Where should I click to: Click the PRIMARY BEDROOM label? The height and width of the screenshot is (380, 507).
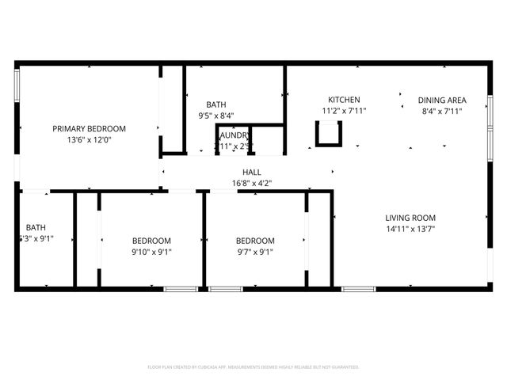(89, 128)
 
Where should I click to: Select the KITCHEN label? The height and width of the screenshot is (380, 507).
(344, 100)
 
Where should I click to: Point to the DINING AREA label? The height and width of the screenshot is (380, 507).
(442, 100)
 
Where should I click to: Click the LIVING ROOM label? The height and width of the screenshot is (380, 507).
(410, 218)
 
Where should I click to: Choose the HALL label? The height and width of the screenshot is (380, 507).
(252, 172)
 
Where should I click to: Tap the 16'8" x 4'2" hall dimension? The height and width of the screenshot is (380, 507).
(252, 183)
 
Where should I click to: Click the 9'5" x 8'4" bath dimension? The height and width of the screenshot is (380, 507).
(216, 116)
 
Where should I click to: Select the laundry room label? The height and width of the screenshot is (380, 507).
(234, 135)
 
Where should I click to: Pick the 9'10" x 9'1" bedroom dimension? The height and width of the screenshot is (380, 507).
(151, 253)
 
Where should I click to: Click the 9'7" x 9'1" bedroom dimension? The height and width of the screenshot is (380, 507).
(255, 253)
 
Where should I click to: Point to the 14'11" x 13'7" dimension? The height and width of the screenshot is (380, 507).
(410, 229)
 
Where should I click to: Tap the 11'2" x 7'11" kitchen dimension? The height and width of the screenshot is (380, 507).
(344, 111)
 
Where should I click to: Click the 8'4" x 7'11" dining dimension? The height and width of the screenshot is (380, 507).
(442, 111)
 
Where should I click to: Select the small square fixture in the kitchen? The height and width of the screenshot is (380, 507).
(326, 137)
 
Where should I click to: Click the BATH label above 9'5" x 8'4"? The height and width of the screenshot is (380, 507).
(216, 104)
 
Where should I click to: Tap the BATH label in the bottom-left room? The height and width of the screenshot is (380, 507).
(36, 227)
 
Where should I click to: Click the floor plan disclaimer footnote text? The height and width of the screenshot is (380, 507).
(253, 367)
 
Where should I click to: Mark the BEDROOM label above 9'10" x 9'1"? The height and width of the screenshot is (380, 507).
(151, 241)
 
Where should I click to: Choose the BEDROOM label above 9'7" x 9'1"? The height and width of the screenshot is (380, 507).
(255, 241)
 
